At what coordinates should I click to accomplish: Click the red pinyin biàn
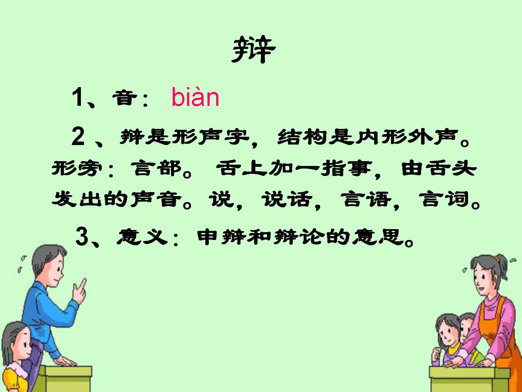195,98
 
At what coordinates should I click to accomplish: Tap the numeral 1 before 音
78,98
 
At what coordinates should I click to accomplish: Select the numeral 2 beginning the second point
78,138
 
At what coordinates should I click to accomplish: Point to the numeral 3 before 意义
82,237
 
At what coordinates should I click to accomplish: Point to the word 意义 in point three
142,237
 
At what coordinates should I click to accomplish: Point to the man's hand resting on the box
65,361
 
